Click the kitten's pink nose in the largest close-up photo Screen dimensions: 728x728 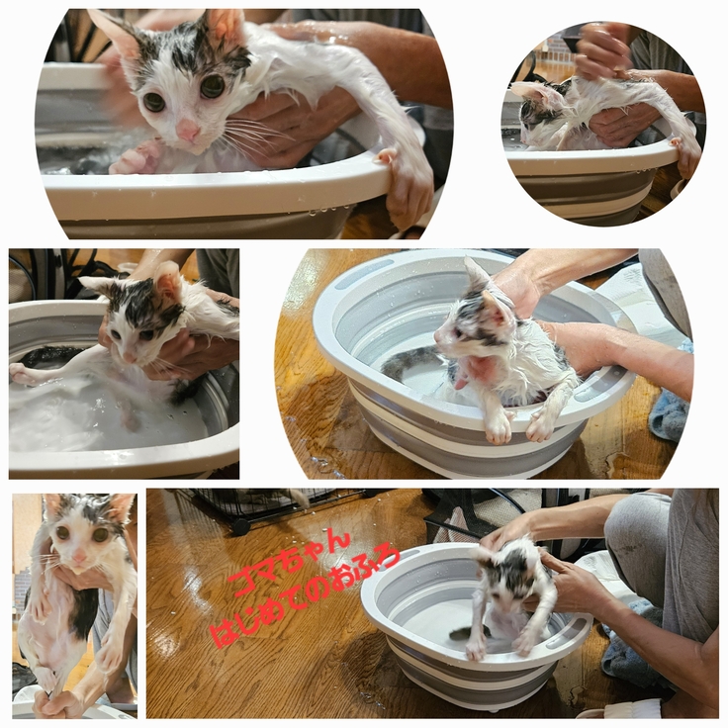click(x=188, y=129)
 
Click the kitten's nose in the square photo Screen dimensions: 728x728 click(x=129, y=357)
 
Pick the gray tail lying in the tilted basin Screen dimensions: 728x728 click(x=409, y=361)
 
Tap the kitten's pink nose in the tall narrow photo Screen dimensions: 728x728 click(x=79, y=556)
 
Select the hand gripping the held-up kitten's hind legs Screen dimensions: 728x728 click(x=54, y=703)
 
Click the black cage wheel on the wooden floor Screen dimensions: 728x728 click(x=241, y=526)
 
